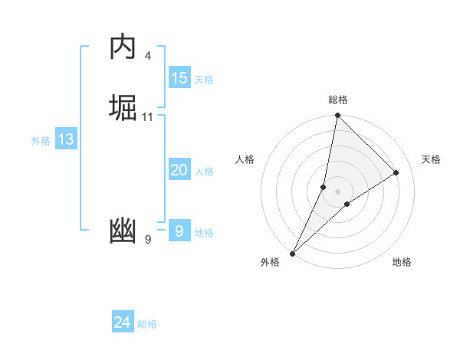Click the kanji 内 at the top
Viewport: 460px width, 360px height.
tap(123, 47)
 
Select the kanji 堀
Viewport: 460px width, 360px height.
tap(123, 108)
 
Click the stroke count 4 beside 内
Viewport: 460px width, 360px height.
tap(147, 56)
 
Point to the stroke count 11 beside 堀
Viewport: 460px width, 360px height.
tap(148, 117)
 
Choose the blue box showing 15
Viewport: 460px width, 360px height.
tap(179, 78)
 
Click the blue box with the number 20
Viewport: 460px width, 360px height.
tap(179, 170)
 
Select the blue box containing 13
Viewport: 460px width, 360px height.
tap(66, 139)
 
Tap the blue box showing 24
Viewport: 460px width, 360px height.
tap(123, 322)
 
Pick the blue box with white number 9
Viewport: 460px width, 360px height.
tap(179, 231)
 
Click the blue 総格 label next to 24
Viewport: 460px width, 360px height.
tap(147, 324)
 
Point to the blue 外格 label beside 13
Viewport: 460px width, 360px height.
tap(41, 141)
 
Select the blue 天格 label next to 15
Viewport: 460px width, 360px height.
tap(204, 80)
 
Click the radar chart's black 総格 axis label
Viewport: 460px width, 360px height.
tap(338, 100)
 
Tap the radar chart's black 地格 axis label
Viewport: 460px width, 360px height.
tap(402, 262)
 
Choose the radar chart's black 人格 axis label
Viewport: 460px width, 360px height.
tap(245, 159)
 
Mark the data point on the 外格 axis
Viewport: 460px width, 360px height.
tap(293, 253)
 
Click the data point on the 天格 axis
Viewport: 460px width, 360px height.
tap(396, 172)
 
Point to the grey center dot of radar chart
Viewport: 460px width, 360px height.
tap(338, 191)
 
